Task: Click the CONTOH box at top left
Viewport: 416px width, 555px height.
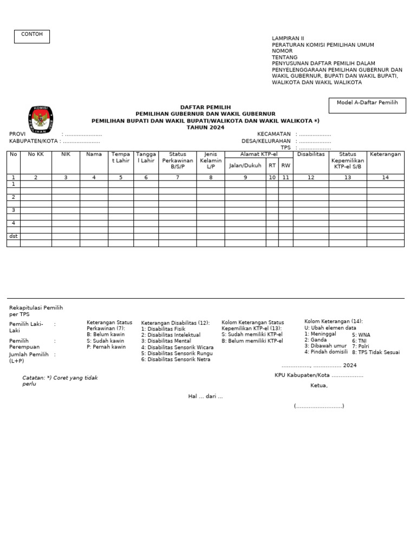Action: tap(31, 36)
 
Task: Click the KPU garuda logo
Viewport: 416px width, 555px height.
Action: tap(41, 120)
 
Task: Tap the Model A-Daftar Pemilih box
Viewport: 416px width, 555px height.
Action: tap(367, 105)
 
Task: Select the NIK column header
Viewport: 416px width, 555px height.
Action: tap(66, 154)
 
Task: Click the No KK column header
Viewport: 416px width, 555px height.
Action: tap(36, 154)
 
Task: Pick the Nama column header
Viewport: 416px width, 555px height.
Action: tap(94, 154)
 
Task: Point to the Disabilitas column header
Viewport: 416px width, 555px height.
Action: tap(310, 154)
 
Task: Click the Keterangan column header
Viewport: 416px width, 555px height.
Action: tap(385, 154)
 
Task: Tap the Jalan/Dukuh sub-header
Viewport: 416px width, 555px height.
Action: tap(245, 166)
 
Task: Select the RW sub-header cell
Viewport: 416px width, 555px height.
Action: tap(285, 166)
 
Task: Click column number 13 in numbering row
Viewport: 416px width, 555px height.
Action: tap(347, 177)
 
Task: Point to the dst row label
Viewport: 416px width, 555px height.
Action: tap(14, 236)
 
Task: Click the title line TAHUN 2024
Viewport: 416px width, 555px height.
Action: tap(205, 127)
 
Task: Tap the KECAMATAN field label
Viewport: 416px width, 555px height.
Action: tap(274, 134)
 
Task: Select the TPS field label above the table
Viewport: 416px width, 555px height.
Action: tap(285, 147)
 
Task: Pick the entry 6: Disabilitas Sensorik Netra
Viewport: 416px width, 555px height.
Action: tap(177, 359)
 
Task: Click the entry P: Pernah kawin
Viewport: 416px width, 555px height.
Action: tap(106, 347)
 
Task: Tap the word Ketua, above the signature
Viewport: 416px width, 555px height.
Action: tap(318, 386)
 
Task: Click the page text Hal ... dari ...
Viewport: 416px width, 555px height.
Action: tap(205, 396)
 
